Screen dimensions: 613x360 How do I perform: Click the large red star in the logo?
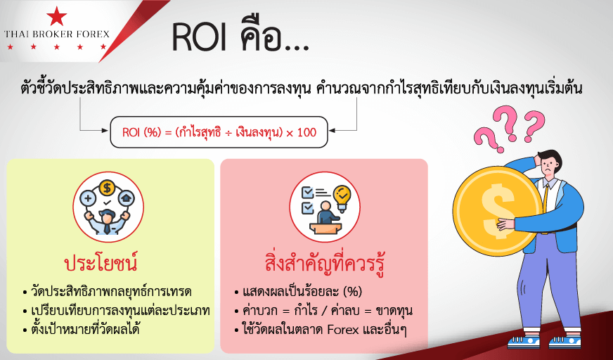(57, 16)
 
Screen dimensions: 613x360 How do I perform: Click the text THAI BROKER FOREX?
(57, 34)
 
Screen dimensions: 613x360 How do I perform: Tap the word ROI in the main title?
(200, 38)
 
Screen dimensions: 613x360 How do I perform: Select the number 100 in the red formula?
(306, 132)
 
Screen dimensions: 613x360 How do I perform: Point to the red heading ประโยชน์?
(101, 264)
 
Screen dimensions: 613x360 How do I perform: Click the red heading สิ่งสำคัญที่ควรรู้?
(325, 264)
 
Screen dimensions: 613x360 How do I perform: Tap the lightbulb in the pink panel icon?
(342, 198)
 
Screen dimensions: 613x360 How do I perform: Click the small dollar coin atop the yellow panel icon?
(106, 187)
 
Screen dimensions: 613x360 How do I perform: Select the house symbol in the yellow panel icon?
(127, 198)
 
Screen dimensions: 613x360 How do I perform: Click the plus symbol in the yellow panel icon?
(88, 198)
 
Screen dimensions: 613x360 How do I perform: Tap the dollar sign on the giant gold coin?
(497, 211)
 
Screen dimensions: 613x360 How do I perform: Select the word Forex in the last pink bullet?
(342, 330)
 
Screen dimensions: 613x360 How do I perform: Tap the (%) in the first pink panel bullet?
(352, 292)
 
